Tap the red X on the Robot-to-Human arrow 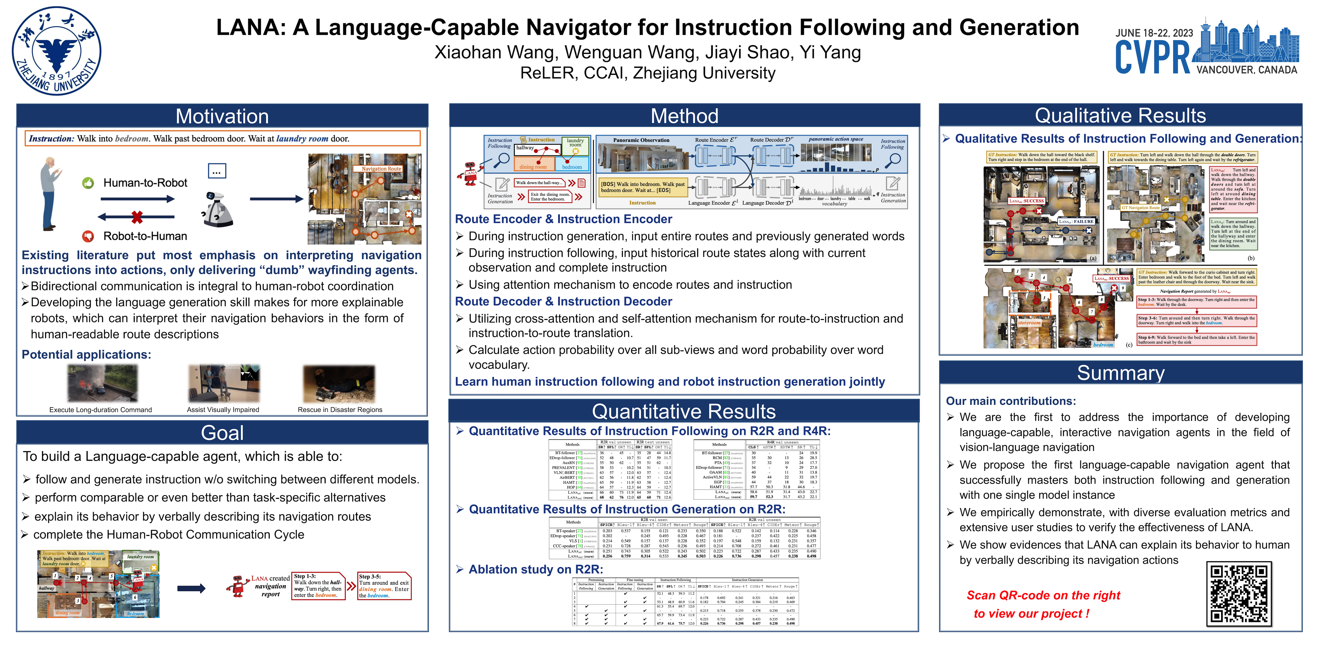tap(137, 217)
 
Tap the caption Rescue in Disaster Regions tap(340, 410)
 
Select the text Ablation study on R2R tap(536, 569)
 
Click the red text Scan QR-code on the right tap(1043, 596)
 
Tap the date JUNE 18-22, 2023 tap(1154, 33)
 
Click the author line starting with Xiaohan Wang tap(648, 52)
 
